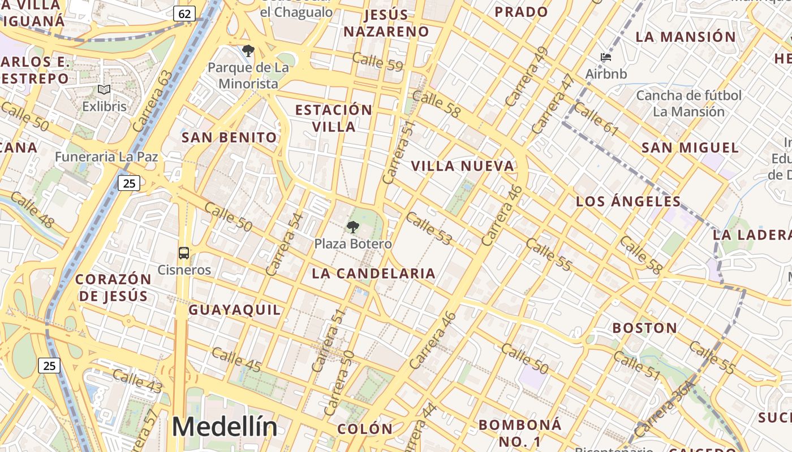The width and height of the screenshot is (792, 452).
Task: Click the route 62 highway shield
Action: coord(184,13)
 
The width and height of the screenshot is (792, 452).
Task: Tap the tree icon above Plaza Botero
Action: coord(352,228)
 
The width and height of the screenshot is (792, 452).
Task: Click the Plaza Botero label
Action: coord(353,244)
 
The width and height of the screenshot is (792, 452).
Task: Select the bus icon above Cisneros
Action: coord(184,253)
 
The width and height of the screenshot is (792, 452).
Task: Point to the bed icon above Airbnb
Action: coord(606,57)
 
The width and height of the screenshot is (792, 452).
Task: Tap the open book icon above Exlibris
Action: coord(104,90)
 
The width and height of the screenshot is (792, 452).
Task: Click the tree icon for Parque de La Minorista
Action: coord(248,51)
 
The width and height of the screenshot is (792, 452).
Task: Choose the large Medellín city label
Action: coord(225,427)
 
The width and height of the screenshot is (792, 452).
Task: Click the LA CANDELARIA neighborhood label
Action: coord(374,273)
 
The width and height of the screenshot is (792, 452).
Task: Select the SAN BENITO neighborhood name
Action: coord(229,137)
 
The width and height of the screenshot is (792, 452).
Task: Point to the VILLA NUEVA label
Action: coord(463,166)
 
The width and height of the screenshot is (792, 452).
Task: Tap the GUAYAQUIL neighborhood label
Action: coord(234,310)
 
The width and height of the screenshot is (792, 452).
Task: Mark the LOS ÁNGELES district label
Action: coord(629,201)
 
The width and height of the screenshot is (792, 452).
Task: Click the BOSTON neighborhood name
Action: coord(645,328)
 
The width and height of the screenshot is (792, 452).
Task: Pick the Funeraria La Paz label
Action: coord(106,157)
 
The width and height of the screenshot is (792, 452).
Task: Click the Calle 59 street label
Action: coord(377,62)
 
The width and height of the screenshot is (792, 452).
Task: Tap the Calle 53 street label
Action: coord(429,228)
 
